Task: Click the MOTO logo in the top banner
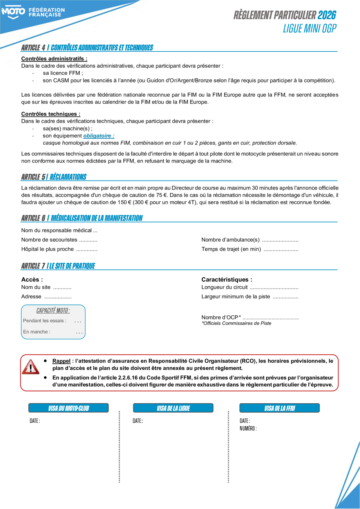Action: [13, 12]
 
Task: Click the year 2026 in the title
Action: [327, 15]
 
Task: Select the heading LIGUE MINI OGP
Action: [309, 29]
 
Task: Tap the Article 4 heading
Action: [87, 48]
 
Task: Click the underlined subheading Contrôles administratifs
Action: [54, 59]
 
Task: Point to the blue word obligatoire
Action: [99, 136]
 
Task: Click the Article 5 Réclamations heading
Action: [54, 177]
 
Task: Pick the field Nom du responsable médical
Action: [59, 230]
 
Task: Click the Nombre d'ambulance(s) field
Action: [250, 240]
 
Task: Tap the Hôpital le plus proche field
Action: [59, 249]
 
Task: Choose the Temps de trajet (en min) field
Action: [250, 249]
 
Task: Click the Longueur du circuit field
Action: [250, 287]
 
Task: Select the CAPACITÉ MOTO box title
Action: [53, 310]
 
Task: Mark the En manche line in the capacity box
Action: [52, 332]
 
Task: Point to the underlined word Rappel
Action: [62, 361]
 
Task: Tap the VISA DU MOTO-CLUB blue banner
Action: [69, 408]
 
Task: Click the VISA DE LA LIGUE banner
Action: [173, 408]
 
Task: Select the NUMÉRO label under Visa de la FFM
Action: [248, 428]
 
